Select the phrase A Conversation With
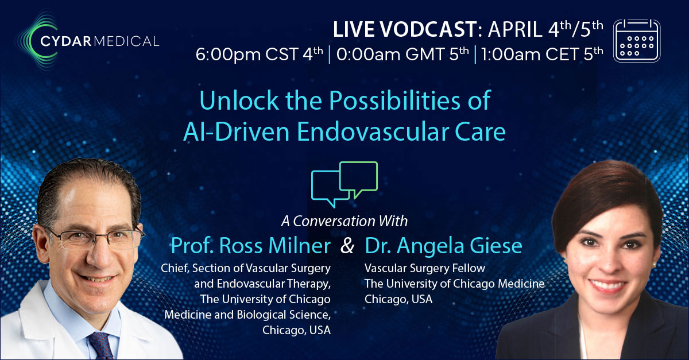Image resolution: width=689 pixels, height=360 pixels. (x=344, y=221)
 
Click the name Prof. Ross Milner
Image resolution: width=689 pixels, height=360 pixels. (x=250, y=246)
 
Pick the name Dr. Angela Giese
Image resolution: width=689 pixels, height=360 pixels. (x=443, y=246)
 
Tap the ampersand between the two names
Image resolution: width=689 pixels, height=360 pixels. (x=347, y=247)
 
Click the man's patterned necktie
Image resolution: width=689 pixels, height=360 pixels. (x=100, y=345)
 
